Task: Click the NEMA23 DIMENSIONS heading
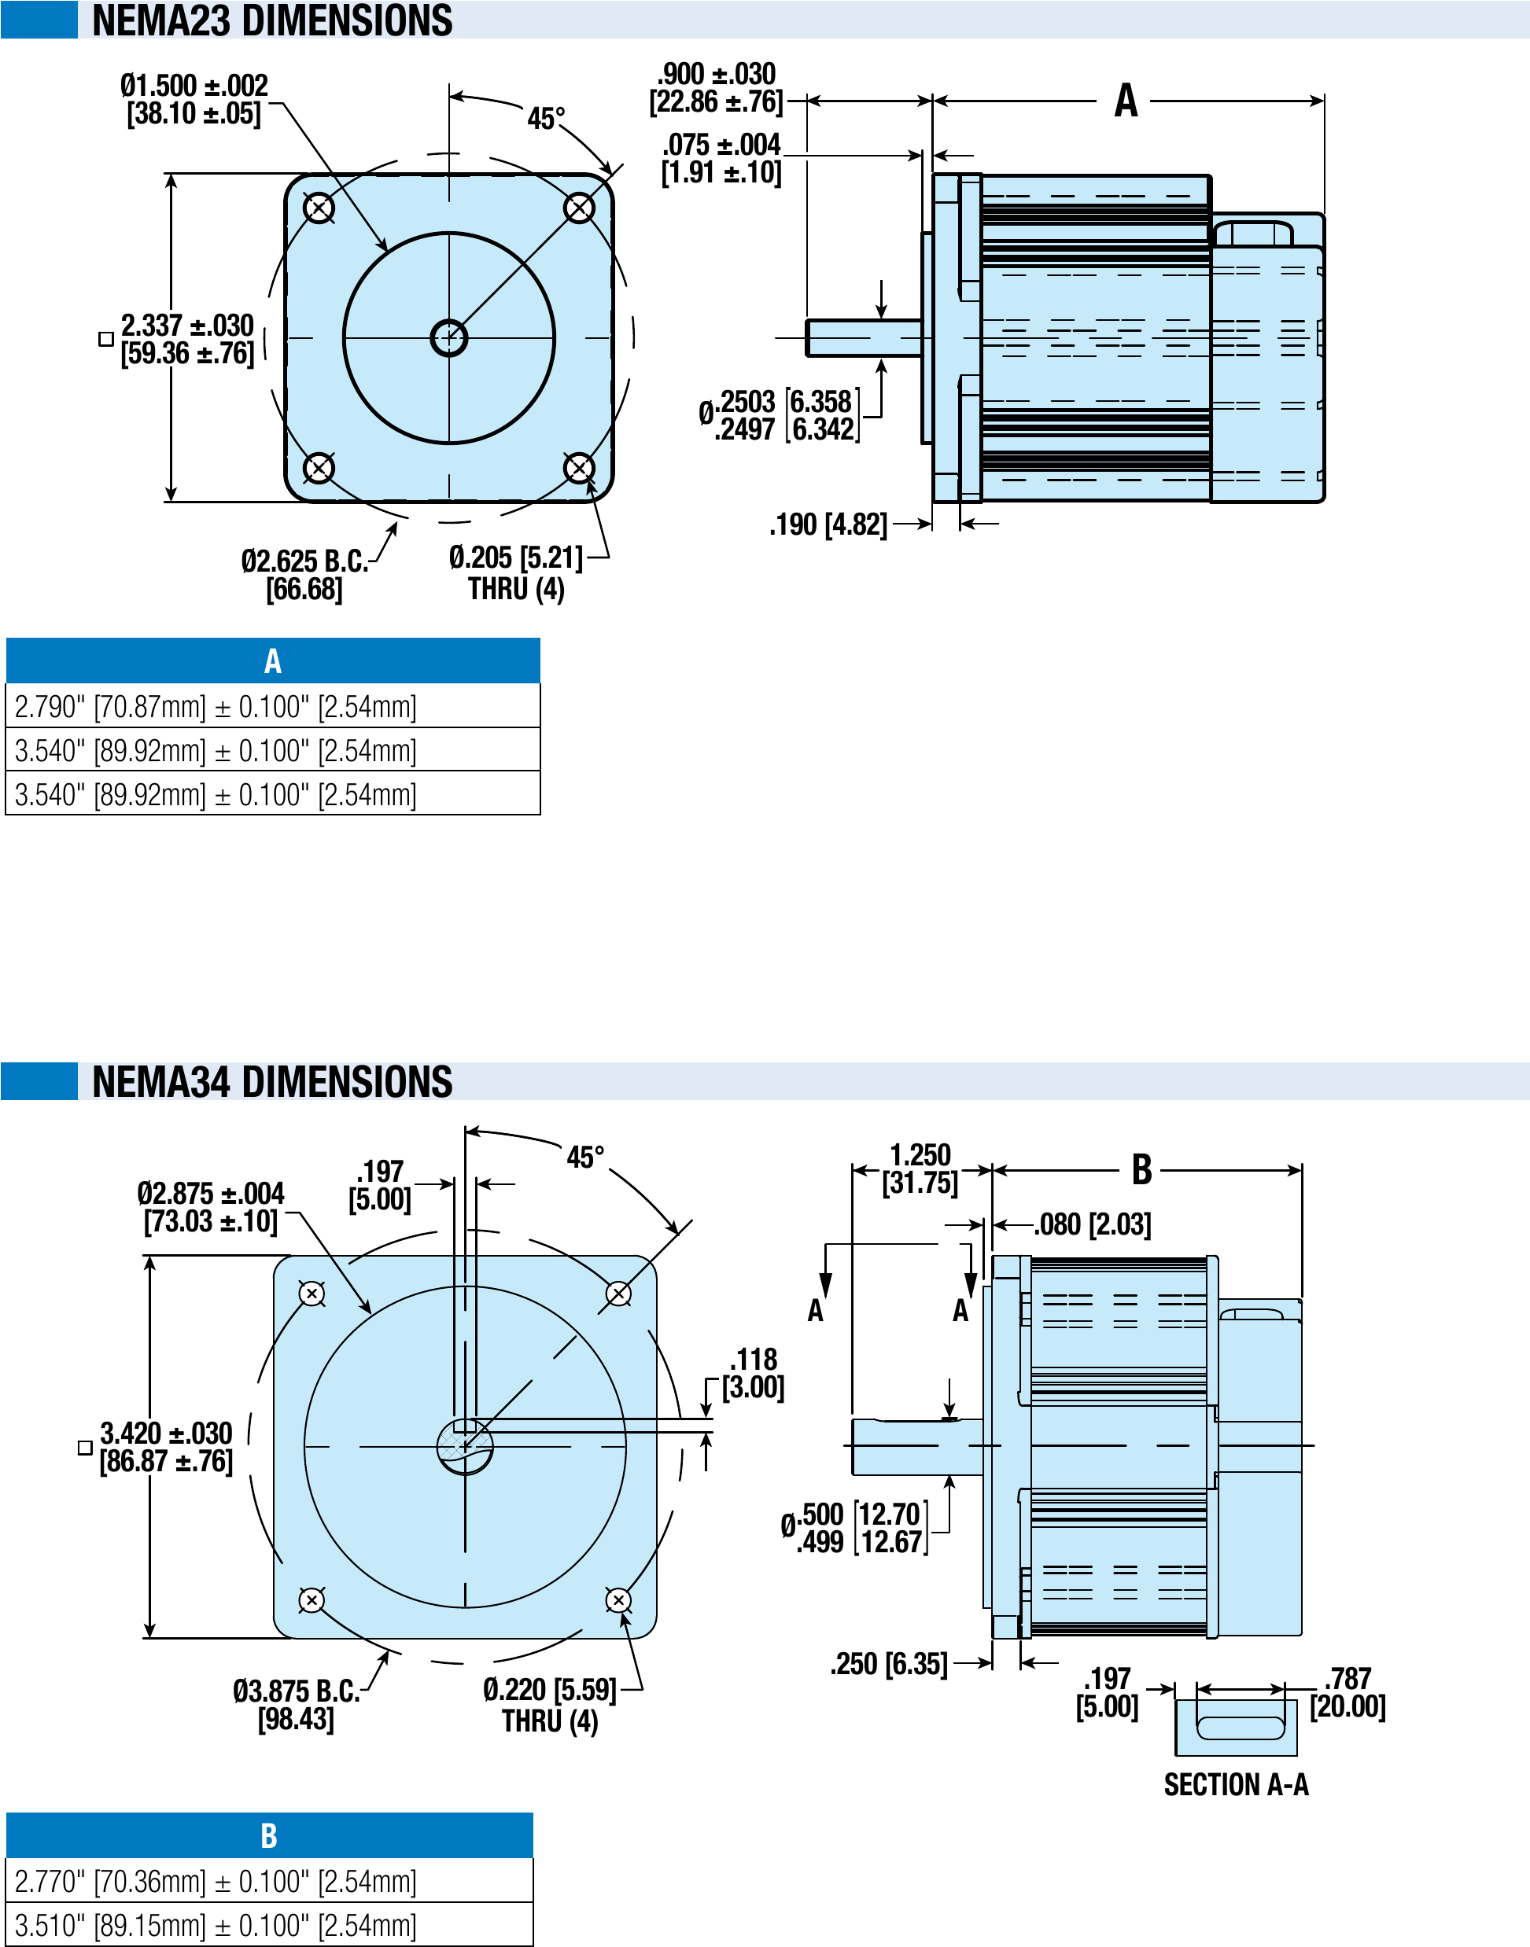pos(271,20)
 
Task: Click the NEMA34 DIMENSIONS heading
pos(271,1081)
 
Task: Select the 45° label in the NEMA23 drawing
pos(546,118)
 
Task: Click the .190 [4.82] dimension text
pos(828,524)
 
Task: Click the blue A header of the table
pos(272,661)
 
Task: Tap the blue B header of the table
pos(269,1835)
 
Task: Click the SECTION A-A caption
pos(1236,1785)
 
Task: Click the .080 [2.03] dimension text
pos(1092,1224)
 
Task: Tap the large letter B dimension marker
pos(1141,1169)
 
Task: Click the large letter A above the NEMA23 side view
pos(1126,101)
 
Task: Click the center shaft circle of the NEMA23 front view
pos(449,337)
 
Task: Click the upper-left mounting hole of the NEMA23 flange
pos(319,208)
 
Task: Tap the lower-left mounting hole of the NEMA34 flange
pos(312,1599)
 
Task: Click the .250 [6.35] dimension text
pos(888,1664)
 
